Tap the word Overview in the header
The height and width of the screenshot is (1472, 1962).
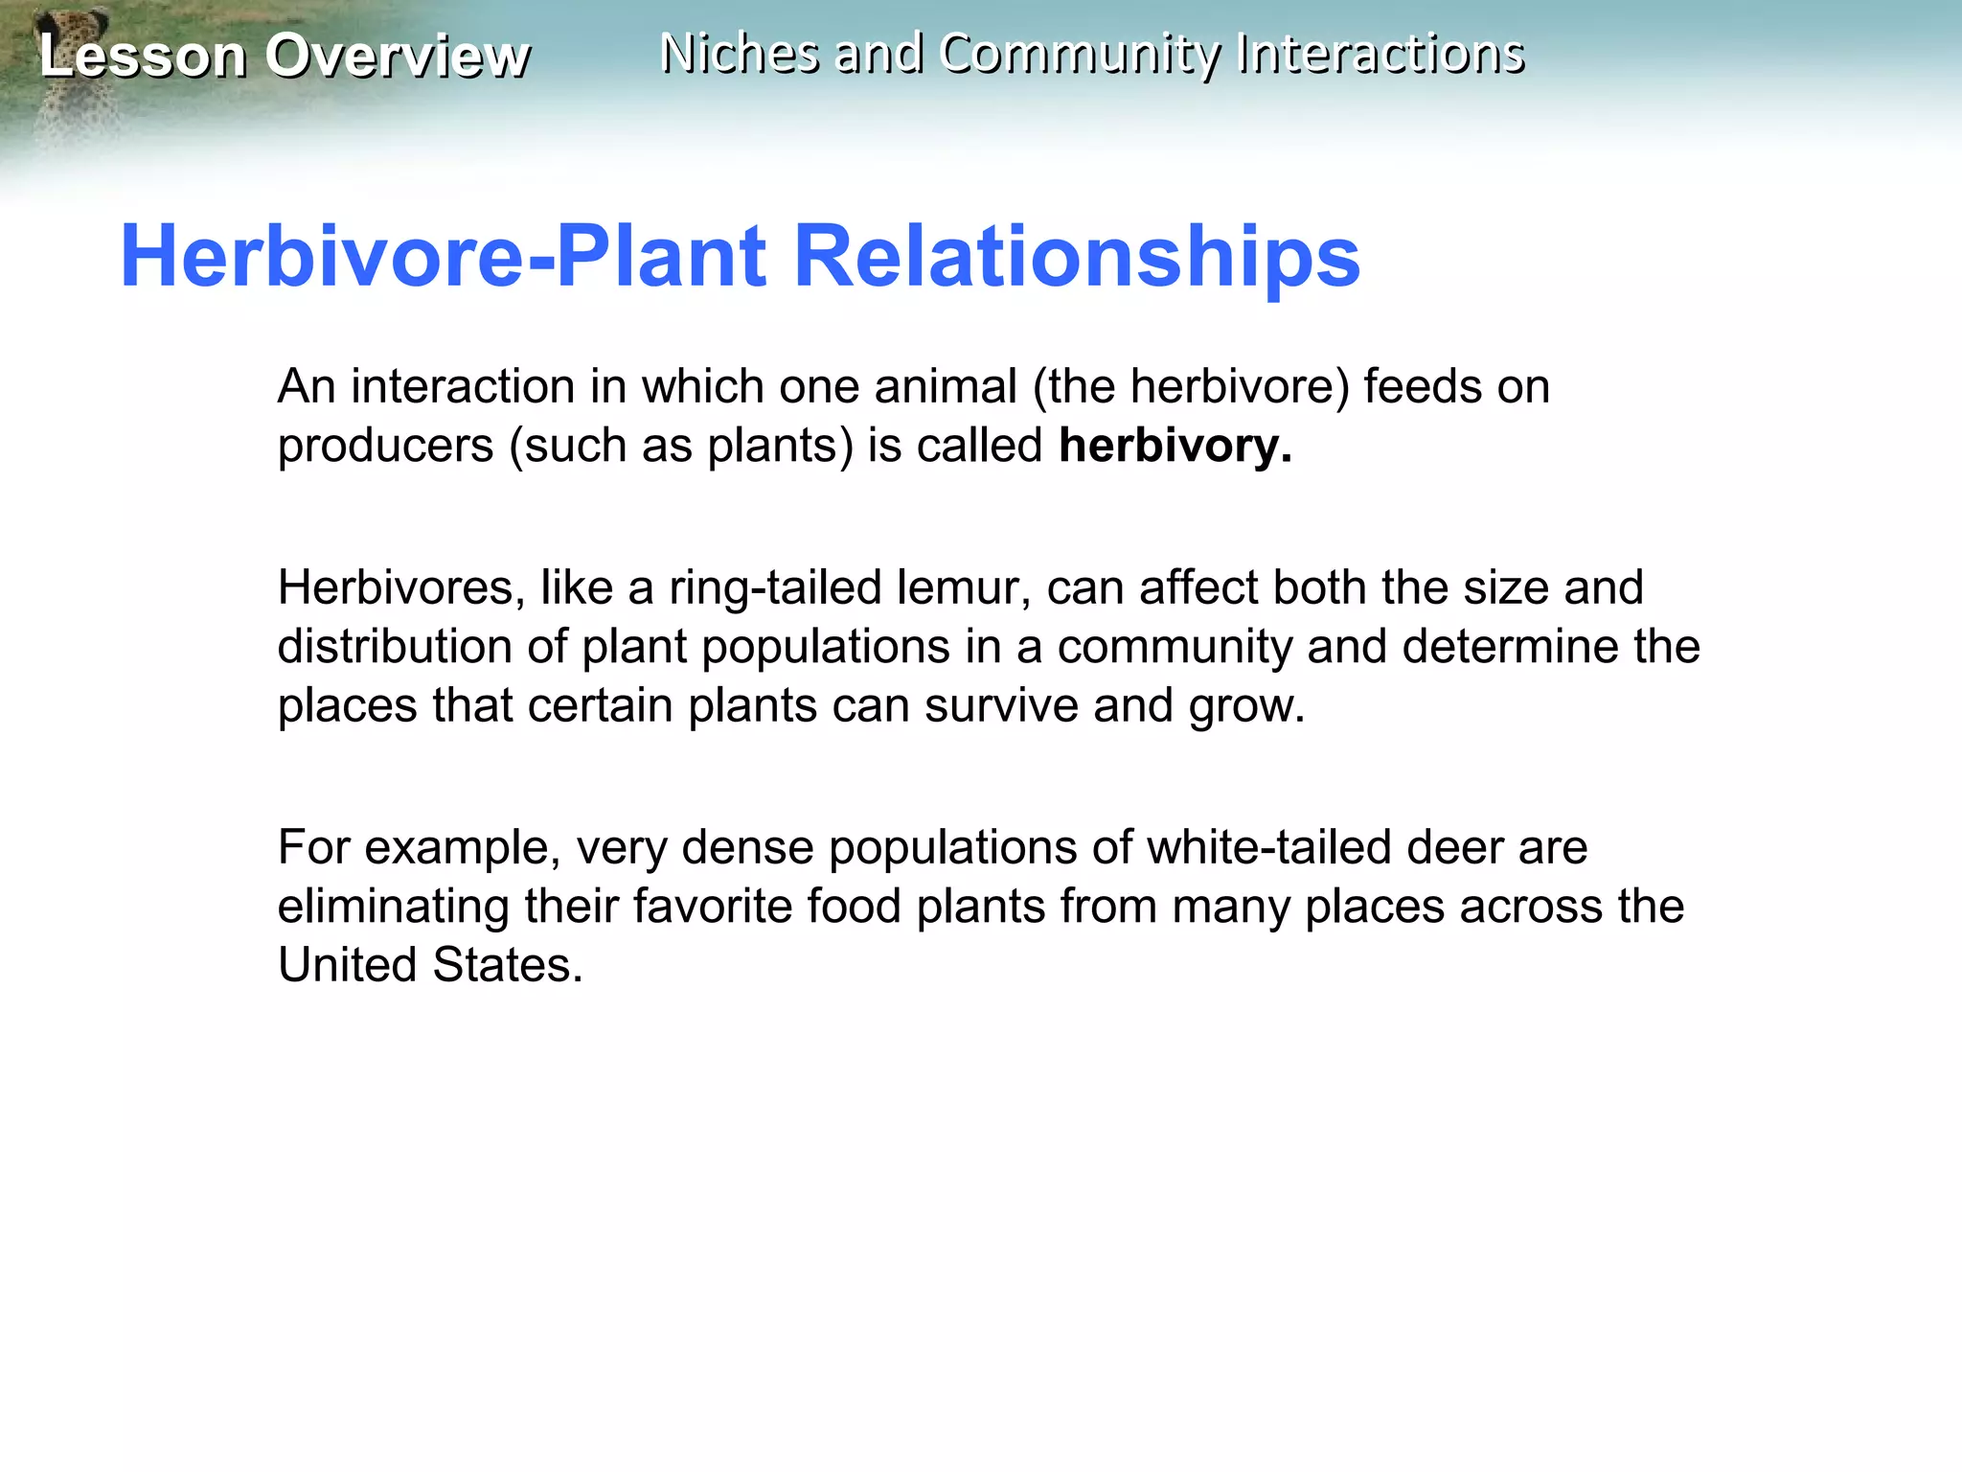pos(398,56)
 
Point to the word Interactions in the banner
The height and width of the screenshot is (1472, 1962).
pos(1380,53)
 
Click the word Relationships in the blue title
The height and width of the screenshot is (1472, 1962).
pos(1077,256)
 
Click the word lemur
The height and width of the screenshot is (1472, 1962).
pos(963,587)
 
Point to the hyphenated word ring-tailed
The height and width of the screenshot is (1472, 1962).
pos(775,587)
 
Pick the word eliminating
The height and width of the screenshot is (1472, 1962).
pos(393,907)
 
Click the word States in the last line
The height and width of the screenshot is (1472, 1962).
pos(507,965)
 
